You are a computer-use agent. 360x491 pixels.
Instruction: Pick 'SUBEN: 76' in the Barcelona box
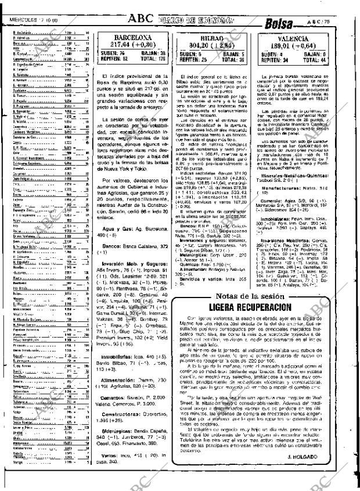click(112, 52)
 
